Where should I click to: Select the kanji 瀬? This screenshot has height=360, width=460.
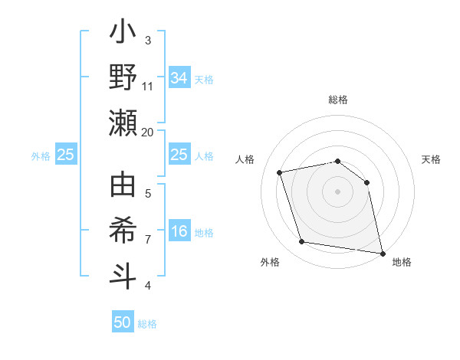pyautogui.click(x=123, y=122)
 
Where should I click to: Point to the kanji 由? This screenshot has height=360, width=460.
pyautogui.click(x=123, y=186)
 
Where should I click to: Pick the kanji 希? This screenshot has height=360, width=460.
pyautogui.click(x=123, y=231)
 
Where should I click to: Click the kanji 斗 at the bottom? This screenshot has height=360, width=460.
pyautogui.click(x=123, y=277)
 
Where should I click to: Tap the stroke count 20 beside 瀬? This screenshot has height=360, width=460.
pyautogui.click(x=147, y=132)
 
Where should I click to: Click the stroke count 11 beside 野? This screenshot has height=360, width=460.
pyautogui.click(x=147, y=87)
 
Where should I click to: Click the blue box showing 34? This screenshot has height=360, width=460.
pyautogui.click(x=179, y=78)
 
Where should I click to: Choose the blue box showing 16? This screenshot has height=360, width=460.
pyautogui.click(x=179, y=232)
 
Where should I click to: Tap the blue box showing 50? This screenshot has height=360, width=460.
pyautogui.click(x=123, y=322)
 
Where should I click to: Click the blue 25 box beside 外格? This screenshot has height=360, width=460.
pyautogui.click(x=65, y=155)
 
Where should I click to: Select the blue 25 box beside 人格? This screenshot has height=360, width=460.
pyautogui.click(x=179, y=155)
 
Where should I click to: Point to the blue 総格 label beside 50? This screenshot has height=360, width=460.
pyautogui.click(x=147, y=324)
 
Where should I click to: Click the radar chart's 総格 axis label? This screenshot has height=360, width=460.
pyautogui.click(x=338, y=100)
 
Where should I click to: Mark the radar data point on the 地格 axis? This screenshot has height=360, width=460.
pyautogui.click(x=382, y=252)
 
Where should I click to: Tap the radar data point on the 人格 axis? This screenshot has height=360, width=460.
pyautogui.click(x=280, y=172)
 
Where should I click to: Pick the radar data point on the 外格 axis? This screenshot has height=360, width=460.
pyautogui.click(x=302, y=242)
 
